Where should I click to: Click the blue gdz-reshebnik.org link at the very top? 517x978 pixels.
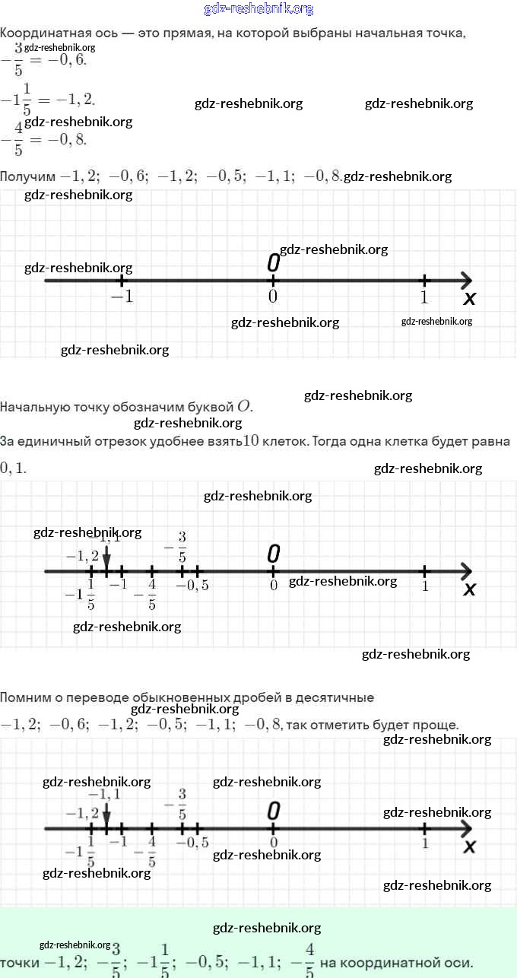pyautogui.click(x=258, y=9)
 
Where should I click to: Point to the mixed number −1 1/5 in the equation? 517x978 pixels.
pyautogui.click(x=16, y=99)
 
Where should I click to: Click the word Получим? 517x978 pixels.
pyautogui.click(x=28, y=176)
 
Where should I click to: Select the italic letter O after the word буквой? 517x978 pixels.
pyautogui.click(x=243, y=406)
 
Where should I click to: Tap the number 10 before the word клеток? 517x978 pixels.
pyautogui.click(x=252, y=441)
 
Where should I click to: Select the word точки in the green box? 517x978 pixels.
pyautogui.click(x=19, y=963)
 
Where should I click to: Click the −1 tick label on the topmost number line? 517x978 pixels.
pyautogui.click(x=122, y=297)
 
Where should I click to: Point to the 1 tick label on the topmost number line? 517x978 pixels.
pyautogui.click(x=424, y=297)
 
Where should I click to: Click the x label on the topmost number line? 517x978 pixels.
pyautogui.click(x=469, y=299)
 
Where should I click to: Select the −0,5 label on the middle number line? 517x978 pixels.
pyautogui.click(x=192, y=586)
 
